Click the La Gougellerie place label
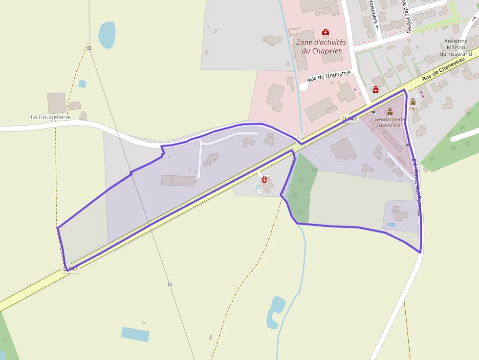click(x=50, y=117)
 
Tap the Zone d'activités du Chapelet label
click(x=321, y=46)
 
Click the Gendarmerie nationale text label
click(x=390, y=122)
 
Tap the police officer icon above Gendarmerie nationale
click(x=390, y=112)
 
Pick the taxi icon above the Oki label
click(x=413, y=103)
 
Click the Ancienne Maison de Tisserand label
click(x=456, y=47)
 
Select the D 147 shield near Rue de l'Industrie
click(x=349, y=119)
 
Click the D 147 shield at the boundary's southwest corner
click(x=70, y=269)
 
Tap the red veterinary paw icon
click(x=264, y=180)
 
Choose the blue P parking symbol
click(x=258, y=187)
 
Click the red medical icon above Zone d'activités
click(x=326, y=32)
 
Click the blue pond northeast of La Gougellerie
click(x=107, y=35)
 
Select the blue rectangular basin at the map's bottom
click(x=135, y=335)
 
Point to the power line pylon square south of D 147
click(x=170, y=284)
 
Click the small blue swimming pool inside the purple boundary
click(x=392, y=224)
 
